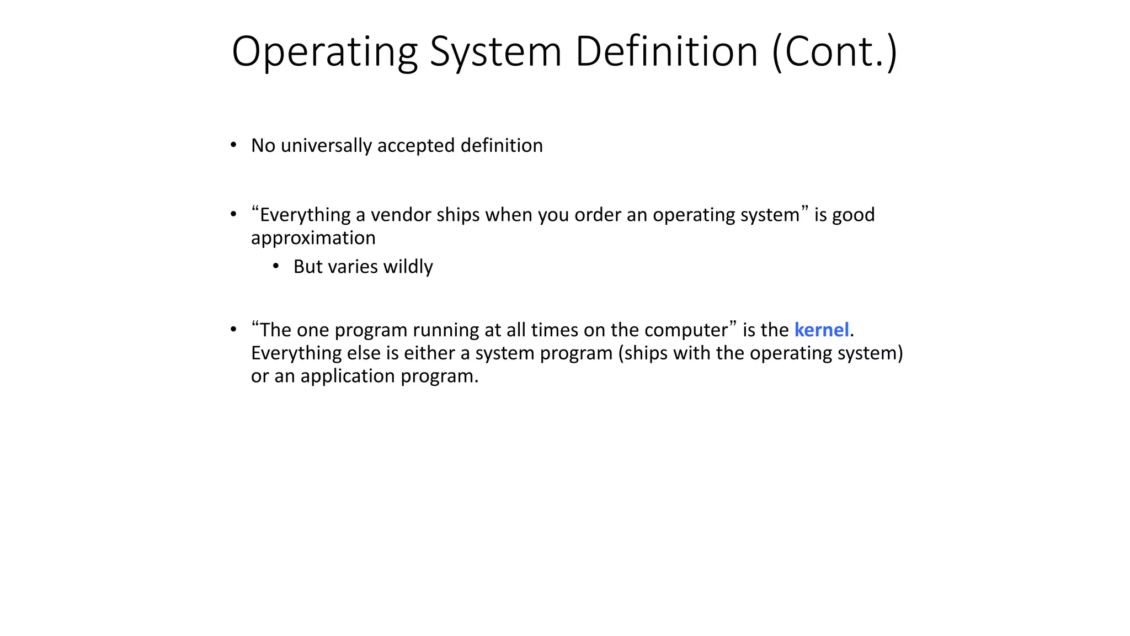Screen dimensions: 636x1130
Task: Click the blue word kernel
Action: [x=821, y=330]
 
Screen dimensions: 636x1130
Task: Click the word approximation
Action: [x=313, y=238]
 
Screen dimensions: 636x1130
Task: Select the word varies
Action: [x=353, y=267]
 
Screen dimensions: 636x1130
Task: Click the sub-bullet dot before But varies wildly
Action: [x=276, y=266]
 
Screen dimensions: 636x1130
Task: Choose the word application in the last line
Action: [x=348, y=376]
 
